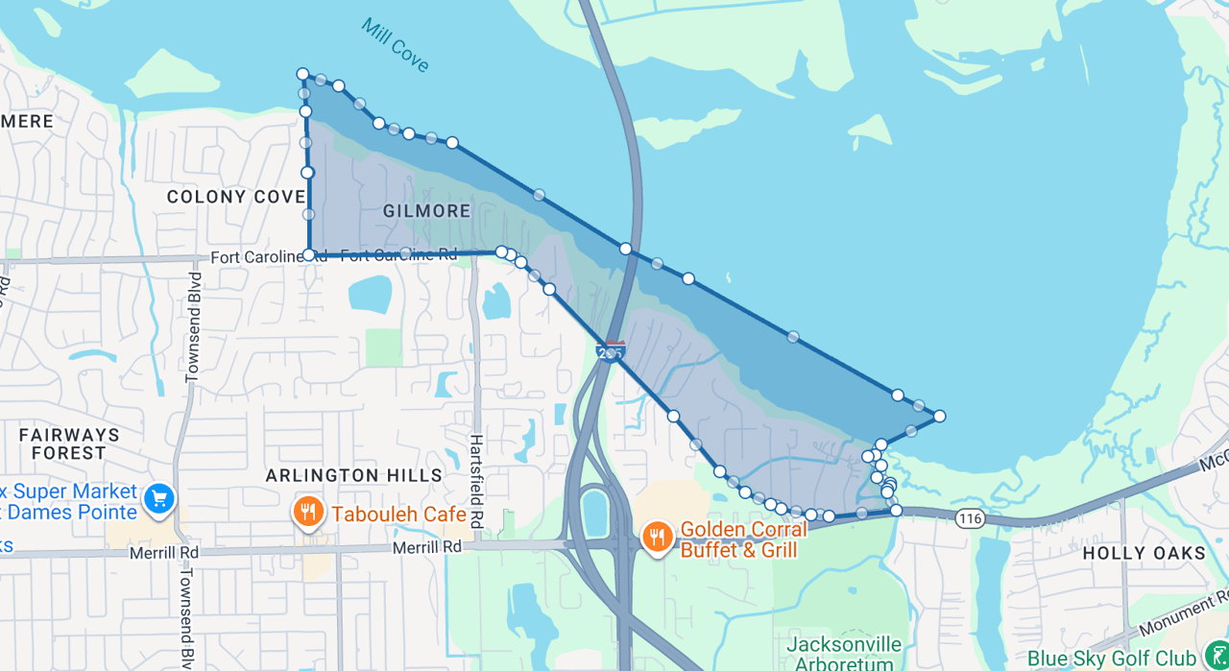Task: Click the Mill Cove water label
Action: click(x=396, y=44)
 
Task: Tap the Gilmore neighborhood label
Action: click(x=426, y=210)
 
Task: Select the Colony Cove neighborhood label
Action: click(x=236, y=197)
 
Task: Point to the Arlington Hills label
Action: click(x=354, y=475)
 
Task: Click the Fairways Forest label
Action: click(x=69, y=443)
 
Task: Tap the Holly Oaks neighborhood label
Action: click(x=1144, y=553)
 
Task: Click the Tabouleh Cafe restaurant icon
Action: click(x=307, y=513)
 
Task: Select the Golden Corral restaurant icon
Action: click(x=657, y=537)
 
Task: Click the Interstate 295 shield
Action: click(x=611, y=351)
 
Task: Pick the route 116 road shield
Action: click(x=971, y=518)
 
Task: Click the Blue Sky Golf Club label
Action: click(x=1111, y=659)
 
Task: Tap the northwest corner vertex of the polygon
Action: click(x=302, y=74)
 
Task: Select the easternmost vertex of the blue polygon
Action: click(x=939, y=416)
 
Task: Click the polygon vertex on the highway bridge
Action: click(x=626, y=249)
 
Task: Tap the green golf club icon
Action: click(x=1215, y=657)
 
